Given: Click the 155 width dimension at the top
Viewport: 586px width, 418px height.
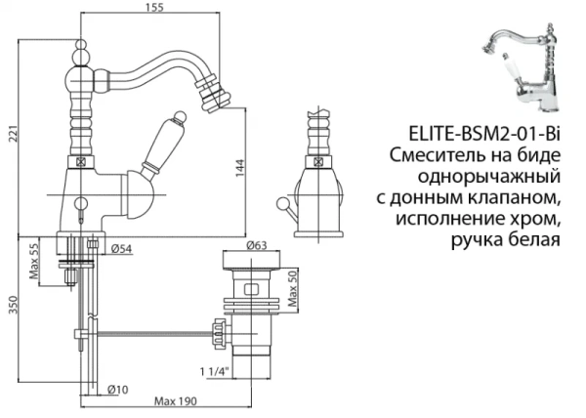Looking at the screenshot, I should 150,8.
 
